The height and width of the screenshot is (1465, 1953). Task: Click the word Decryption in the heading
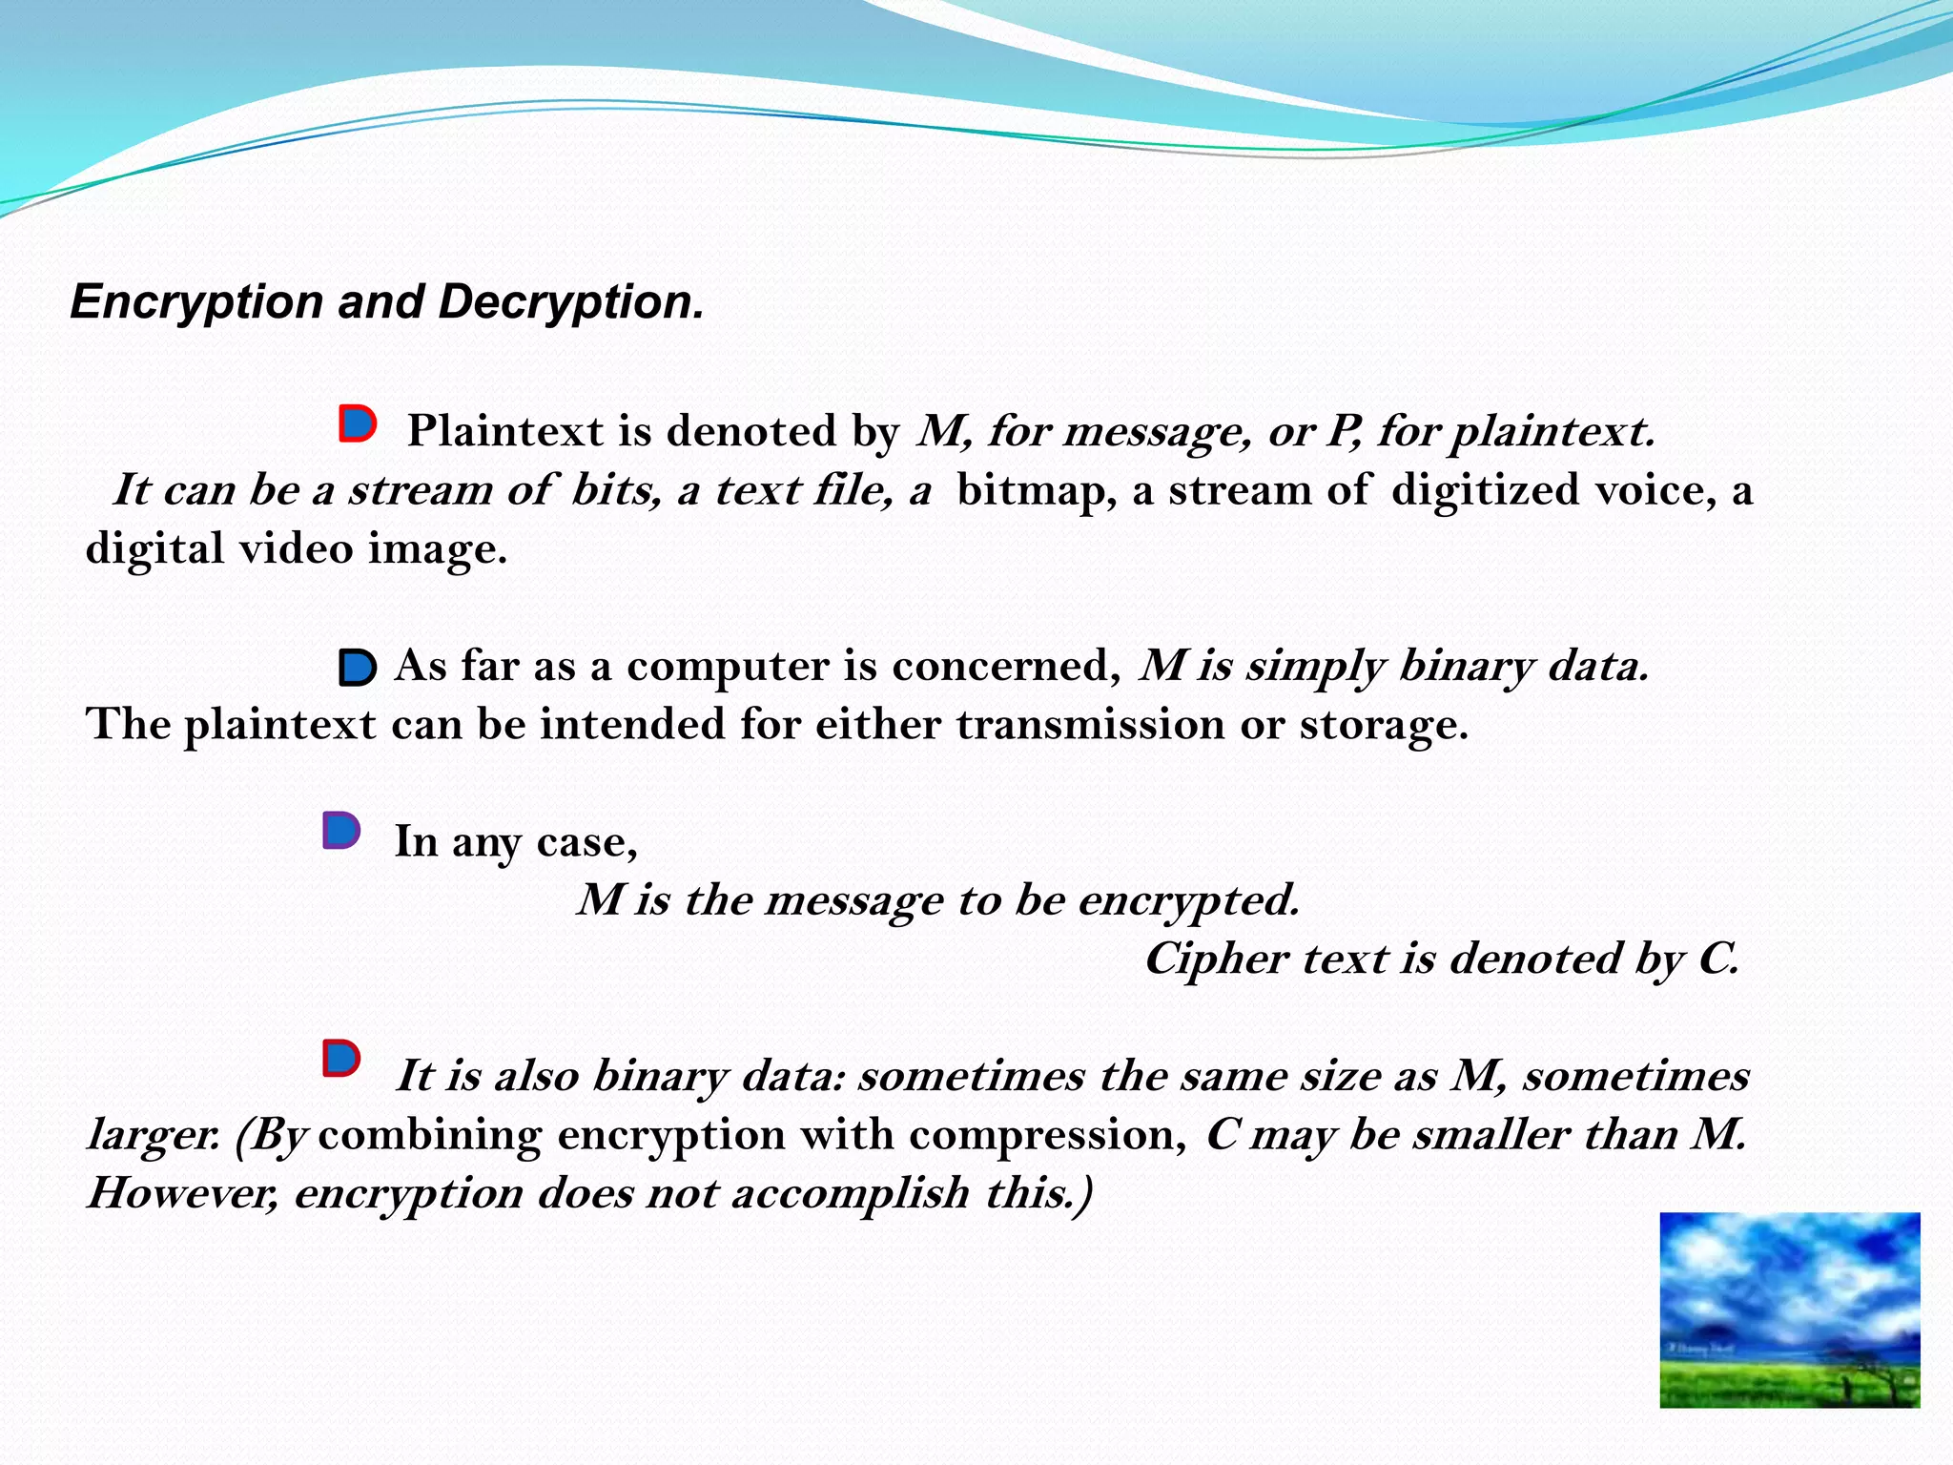[x=570, y=303]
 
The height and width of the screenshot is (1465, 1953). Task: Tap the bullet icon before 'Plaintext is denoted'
[x=358, y=423]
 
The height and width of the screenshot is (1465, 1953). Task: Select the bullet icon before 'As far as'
[x=358, y=668]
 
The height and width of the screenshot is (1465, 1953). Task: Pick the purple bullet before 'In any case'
[x=340, y=831]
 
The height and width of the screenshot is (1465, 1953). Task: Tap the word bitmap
[x=1037, y=490]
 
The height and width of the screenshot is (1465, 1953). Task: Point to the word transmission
[x=1091, y=725]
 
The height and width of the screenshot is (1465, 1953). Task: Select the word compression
[x=1047, y=1135]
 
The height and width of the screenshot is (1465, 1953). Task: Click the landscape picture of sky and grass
[x=1789, y=1310]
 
